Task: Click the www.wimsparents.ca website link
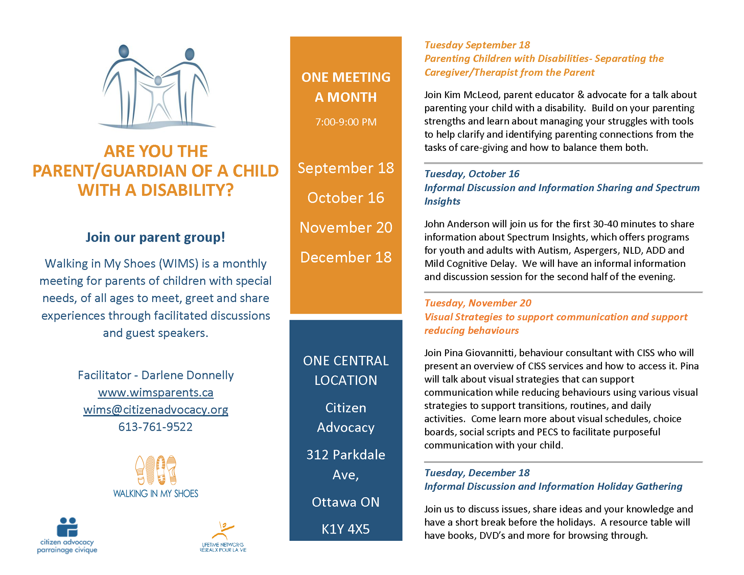[155, 393]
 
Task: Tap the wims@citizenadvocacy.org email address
[155, 410]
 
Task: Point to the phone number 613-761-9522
[155, 427]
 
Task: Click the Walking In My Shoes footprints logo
[155, 471]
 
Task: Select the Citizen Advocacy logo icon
[68, 527]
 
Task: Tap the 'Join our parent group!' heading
[155, 237]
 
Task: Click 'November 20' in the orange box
[345, 228]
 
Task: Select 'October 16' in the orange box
[345, 198]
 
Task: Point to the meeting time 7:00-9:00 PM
[345, 122]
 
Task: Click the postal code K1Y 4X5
[345, 529]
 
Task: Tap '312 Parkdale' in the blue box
[345, 455]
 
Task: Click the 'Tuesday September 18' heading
[477, 45]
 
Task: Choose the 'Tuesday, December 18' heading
[477, 473]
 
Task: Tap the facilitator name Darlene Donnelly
[187, 375]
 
